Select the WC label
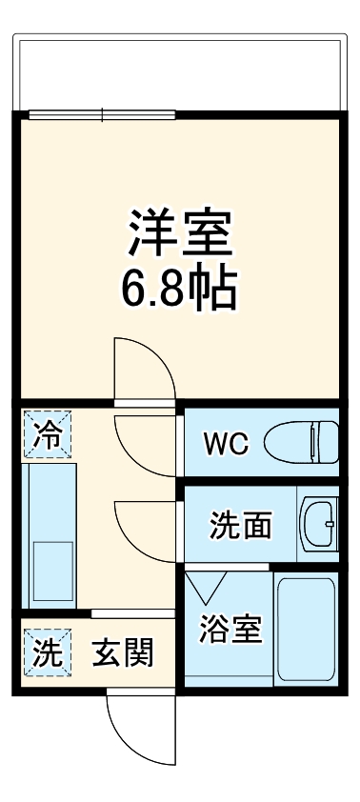pyautogui.click(x=226, y=443)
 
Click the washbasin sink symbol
pyautogui.click(x=319, y=522)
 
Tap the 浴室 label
pyautogui.click(x=230, y=630)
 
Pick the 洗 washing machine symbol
pyautogui.click(x=47, y=653)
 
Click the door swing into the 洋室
pyautogui.click(x=143, y=367)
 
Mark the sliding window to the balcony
pyautogui.click(x=102, y=115)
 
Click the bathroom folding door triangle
pyautogui.click(x=205, y=583)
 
